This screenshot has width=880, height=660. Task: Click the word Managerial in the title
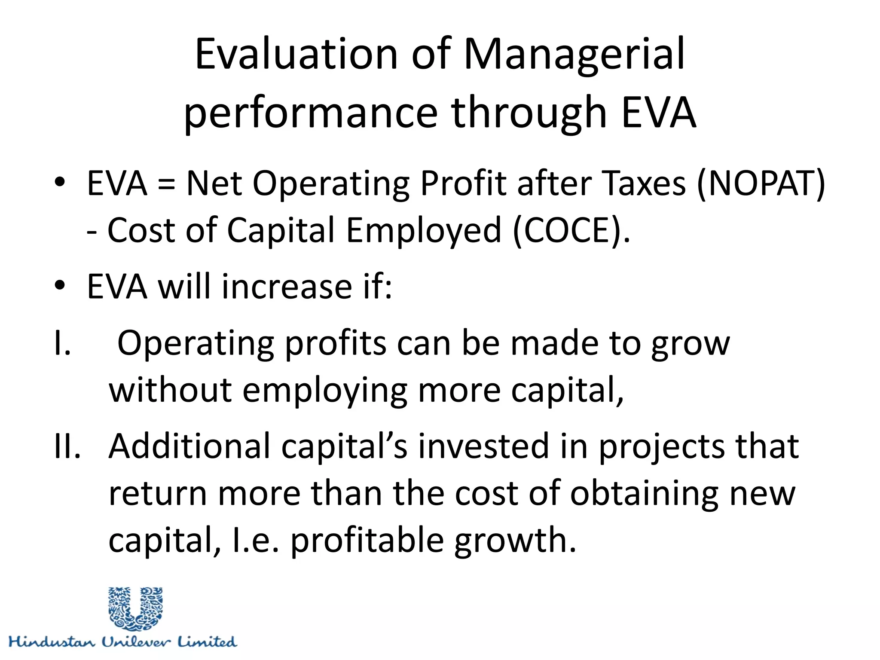click(x=574, y=54)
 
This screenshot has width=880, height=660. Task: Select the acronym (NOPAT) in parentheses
click(x=761, y=183)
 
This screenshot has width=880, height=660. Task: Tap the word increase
click(x=287, y=287)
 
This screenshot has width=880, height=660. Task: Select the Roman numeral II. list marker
click(x=67, y=446)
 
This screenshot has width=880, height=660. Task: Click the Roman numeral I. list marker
click(x=62, y=343)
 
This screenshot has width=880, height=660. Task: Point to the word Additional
click(x=189, y=446)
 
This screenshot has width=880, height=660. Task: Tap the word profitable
click(x=367, y=541)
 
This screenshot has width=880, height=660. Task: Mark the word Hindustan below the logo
click(x=52, y=642)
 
